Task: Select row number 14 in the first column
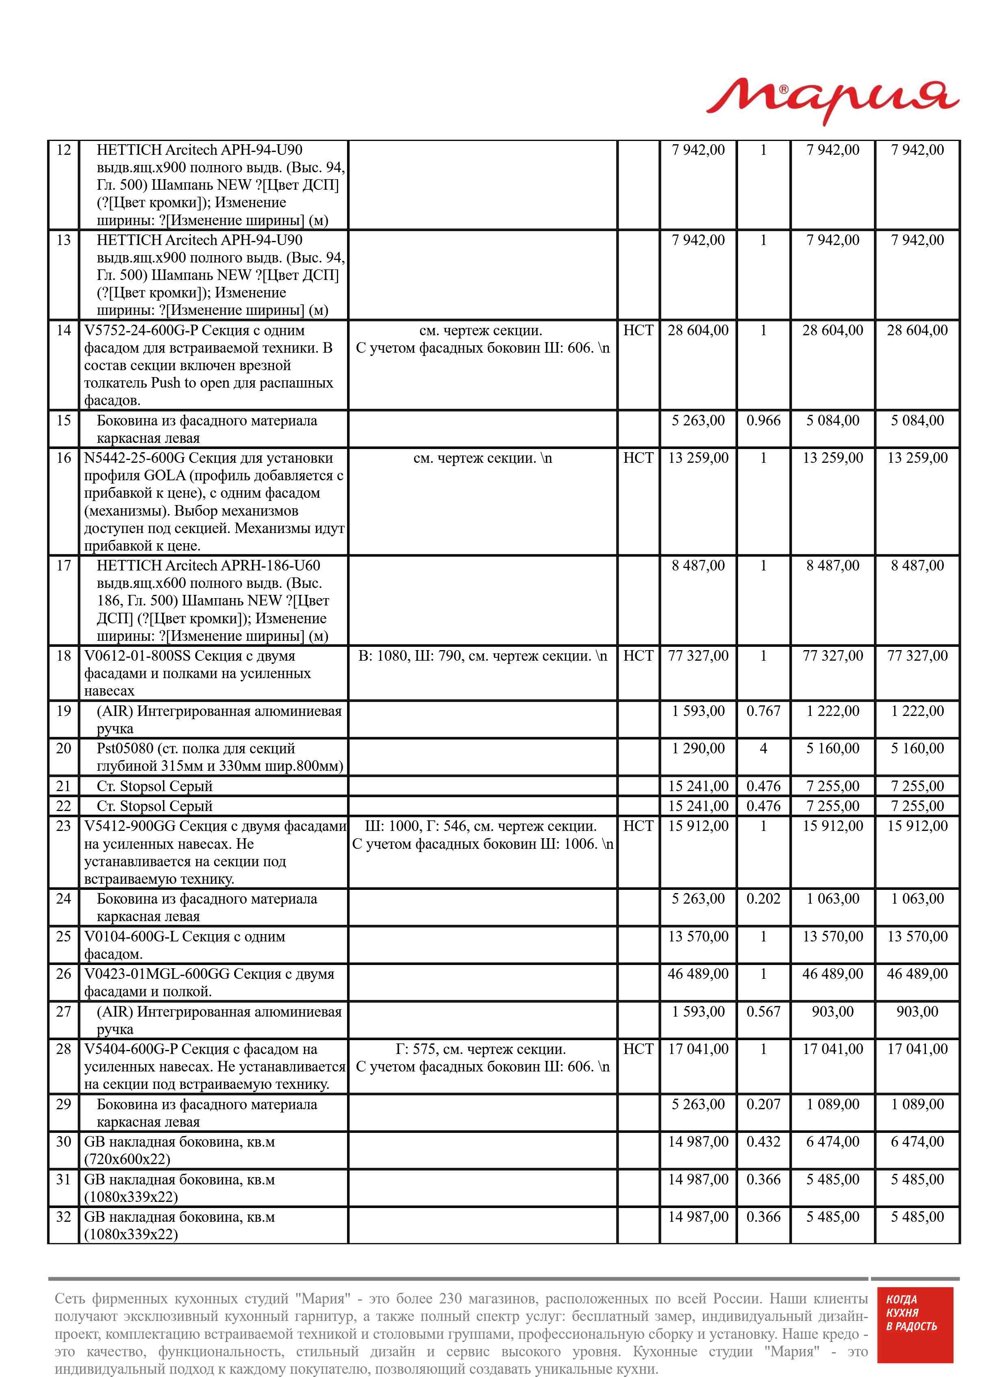(x=63, y=330)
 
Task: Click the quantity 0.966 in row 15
(x=763, y=421)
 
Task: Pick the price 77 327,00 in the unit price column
(x=698, y=656)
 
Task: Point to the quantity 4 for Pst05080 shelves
(x=763, y=748)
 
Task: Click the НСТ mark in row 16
(x=638, y=458)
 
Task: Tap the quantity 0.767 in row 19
(x=763, y=711)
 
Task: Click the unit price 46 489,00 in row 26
(x=698, y=974)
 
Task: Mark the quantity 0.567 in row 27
(x=763, y=1012)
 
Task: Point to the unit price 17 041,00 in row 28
(x=698, y=1050)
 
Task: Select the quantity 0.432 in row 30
(x=763, y=1142)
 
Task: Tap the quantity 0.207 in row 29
(x=763, y=1104)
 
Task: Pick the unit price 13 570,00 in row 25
(x=698, y=937)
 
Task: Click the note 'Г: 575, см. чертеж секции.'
(x=481, y=1050)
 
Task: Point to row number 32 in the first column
(x=63, y=1217)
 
